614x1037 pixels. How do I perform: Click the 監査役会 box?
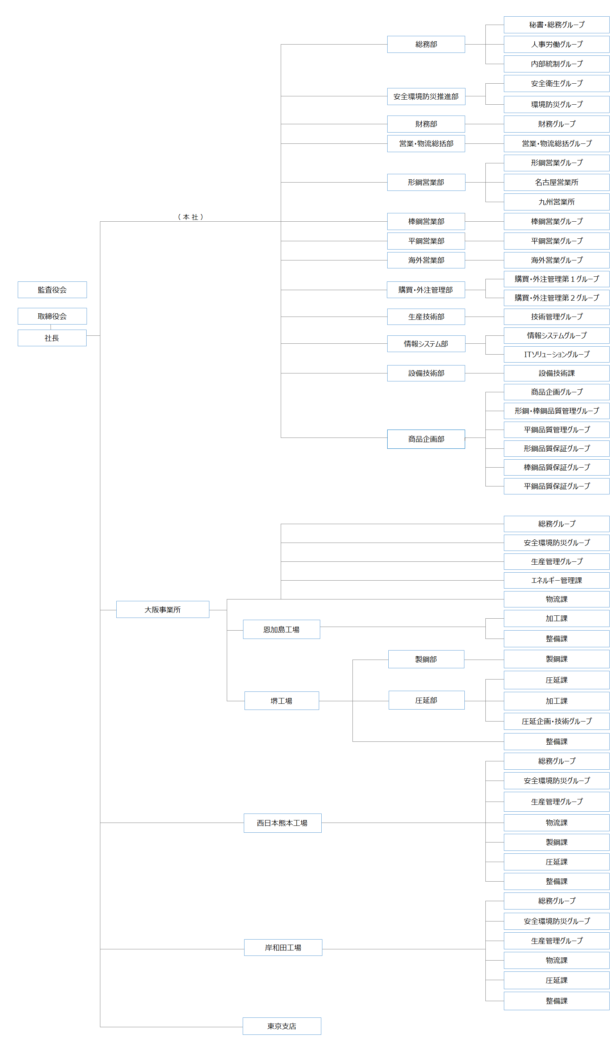click(x=52, y=289)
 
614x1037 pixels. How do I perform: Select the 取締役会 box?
click(x=52, y=316)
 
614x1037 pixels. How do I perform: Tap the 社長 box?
click(x=52, y=338)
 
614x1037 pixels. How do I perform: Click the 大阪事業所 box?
click(x=163, y=609)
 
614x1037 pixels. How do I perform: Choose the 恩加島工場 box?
click(x=281, y=629)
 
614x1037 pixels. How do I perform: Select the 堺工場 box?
click(x=281, y=701)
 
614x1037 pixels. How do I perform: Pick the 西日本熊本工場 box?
click(x=282, y=823)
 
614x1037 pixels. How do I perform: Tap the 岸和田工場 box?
click(x=283, y=947)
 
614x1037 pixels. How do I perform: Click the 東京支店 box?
click(x=282, y=1026)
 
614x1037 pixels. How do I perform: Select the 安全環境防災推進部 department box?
click(x=426, y=96)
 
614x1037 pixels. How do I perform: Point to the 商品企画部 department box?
click(x=426, y=439)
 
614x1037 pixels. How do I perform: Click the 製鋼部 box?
click(x=426, y=659)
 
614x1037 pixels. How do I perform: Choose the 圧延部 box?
click(x=426, y=700)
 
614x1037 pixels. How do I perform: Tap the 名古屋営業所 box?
click(x=556, y=182)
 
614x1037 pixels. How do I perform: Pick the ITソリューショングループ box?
click(x=556, y=354)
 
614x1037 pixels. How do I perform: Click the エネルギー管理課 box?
click(x=556, y=580)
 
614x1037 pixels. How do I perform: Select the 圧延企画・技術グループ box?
click(x=556, y=721)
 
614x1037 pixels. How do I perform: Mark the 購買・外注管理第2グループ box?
click(x=556, y=297)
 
